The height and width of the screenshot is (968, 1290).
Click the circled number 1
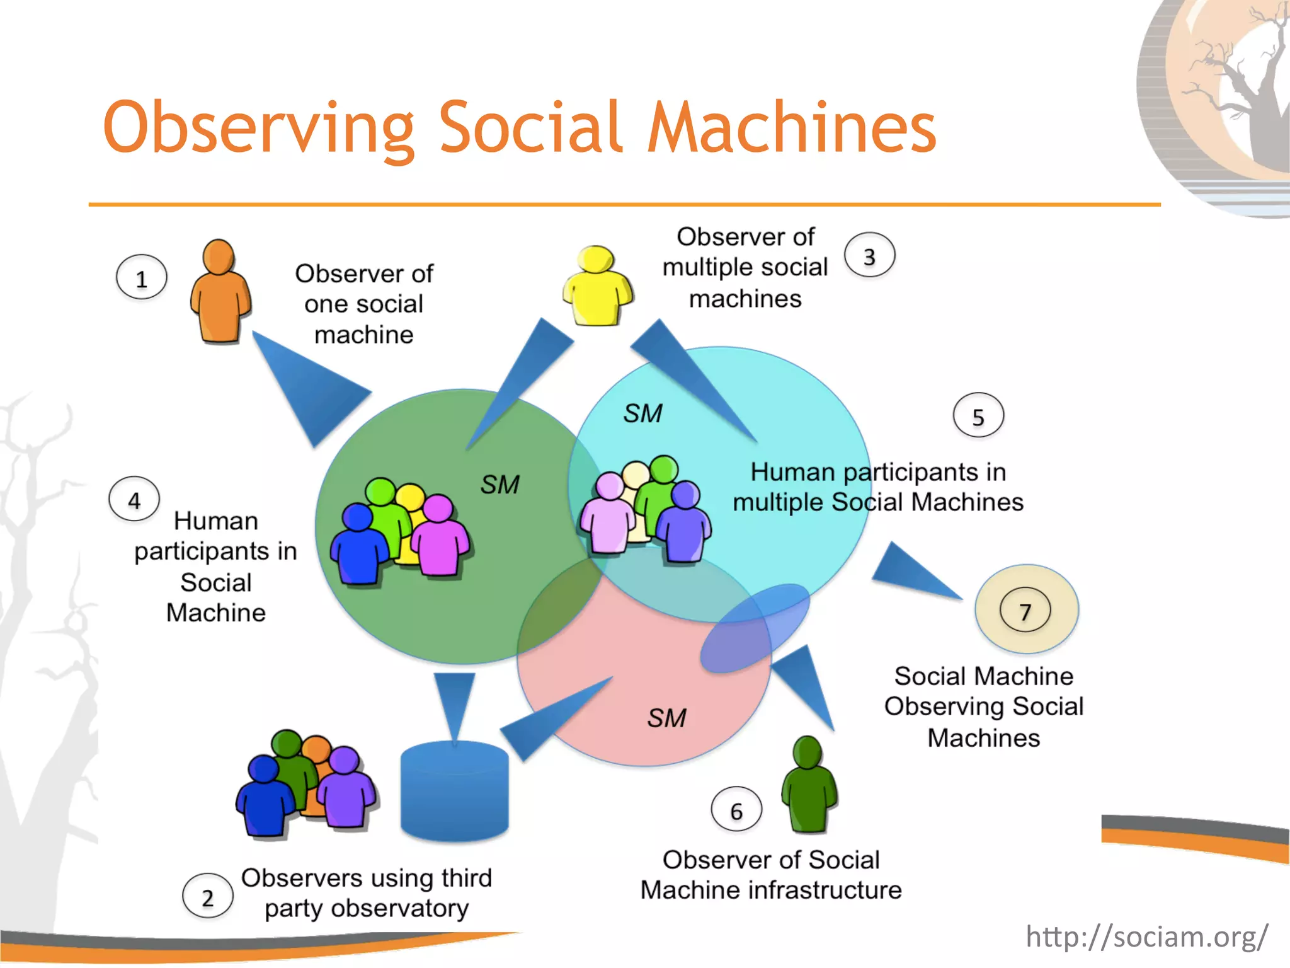tap(142, 278)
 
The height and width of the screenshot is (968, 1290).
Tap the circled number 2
tap(207, 897)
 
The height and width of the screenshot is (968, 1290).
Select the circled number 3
tap(869, 256)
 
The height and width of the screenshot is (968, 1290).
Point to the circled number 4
tap(134, 500)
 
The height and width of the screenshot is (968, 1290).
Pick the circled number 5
tap(978, 416)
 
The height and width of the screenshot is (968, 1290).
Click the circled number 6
tap(736, 810)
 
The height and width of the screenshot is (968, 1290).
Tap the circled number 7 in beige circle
tap(1025, 611)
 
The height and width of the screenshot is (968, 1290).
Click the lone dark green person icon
tap(809, 785)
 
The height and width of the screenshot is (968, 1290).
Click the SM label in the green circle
tap(499, 485)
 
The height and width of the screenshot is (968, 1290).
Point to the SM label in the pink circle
tap(666, 718)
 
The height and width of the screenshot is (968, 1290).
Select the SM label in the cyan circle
tap(642, 413)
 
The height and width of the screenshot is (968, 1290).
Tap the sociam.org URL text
tap(1146, 936)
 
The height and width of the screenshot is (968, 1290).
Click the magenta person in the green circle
tap(439, 537)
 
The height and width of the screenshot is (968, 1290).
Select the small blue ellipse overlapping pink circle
tap(755, 628)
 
